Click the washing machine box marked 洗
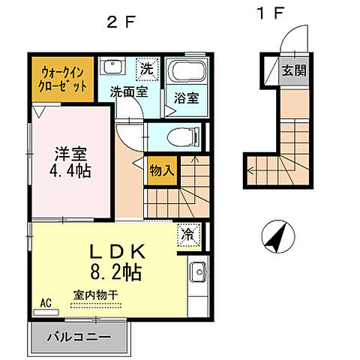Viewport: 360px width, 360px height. pyautogui.click(x=146, y=67)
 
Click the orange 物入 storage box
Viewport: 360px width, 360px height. pyautogui.click(x=162, y=170)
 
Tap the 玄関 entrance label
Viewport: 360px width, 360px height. pyautogui.click(x=293, y=70)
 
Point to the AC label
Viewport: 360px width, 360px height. pyautogui.click(x=45, y=303)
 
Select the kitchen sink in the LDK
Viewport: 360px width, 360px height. pyautogui.click(x=199, y=273)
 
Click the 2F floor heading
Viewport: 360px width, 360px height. pyautogui.click(x=120, y=22)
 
